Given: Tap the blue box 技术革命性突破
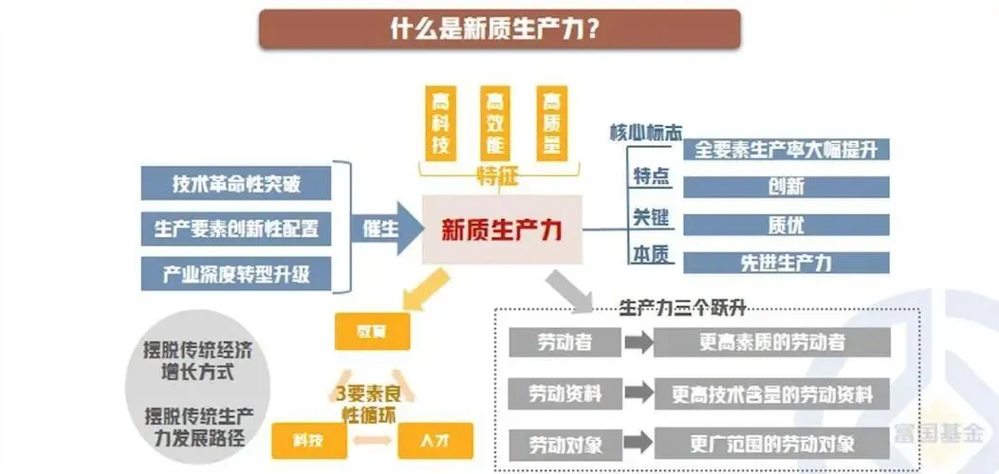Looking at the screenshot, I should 236,183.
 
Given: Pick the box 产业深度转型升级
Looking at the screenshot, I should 236,274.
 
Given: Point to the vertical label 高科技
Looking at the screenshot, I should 440,123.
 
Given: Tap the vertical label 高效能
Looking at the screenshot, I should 494,123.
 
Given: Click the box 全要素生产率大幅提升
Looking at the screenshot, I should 786,150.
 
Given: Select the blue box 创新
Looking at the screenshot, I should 786,187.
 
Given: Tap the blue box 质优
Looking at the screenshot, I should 786,225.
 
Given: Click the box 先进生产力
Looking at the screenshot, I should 786,263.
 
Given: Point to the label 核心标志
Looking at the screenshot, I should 645,133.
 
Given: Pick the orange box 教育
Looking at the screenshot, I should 372,331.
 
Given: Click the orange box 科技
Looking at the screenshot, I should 307,440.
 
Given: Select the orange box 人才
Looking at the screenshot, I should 435,440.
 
